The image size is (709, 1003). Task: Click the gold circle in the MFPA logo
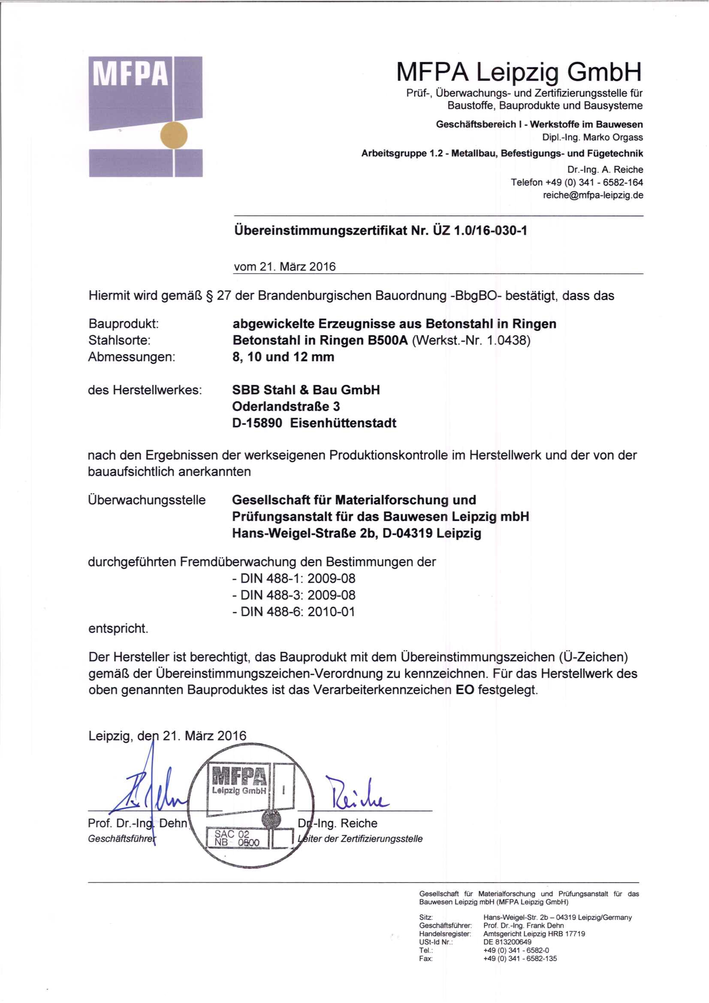(174, 135)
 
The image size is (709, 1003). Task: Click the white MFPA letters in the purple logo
(130, 73)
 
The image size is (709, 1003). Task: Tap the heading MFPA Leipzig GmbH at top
(519, 72)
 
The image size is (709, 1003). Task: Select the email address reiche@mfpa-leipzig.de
(593, 195)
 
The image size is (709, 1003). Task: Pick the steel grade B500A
(388, 340)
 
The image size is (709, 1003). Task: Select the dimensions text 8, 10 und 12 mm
(283, 357)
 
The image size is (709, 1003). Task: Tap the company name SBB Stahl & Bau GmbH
(306, 390)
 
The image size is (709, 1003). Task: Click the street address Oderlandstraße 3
(286, 406)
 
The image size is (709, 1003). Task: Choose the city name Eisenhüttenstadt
(343, 423)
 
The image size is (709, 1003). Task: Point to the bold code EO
(465, 690)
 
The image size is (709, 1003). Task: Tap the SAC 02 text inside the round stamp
(232, 834)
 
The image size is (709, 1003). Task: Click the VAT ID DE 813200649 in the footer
(507, 942)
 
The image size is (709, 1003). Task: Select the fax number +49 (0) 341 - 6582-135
(520, 959)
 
